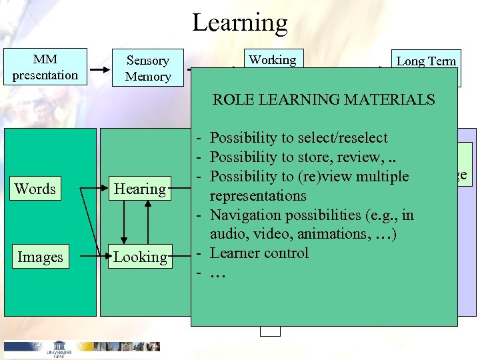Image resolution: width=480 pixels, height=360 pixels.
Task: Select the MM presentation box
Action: [x=45, y=67]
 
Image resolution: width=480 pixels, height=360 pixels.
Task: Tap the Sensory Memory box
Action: [x=148, y=68]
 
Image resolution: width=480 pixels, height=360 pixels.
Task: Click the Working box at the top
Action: [x=273, y=59]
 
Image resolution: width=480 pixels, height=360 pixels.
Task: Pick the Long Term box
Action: [x=426, y=61]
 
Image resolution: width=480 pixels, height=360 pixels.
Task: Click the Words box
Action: [x=35, y=189]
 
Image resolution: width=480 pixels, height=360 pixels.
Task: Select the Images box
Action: [x=40, y=257]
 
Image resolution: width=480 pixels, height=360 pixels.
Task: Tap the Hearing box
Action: [x=139, y=189]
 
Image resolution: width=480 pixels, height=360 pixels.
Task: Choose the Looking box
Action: [x=139, y=257]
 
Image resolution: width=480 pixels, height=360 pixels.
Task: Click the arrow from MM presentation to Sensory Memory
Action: [x=100, y=69]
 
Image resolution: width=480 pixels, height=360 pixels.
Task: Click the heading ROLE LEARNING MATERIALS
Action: [x=323, y=100]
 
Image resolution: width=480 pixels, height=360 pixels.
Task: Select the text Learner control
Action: [x=259, y=253]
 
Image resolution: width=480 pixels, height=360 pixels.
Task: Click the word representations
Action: [x=258, y=195]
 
